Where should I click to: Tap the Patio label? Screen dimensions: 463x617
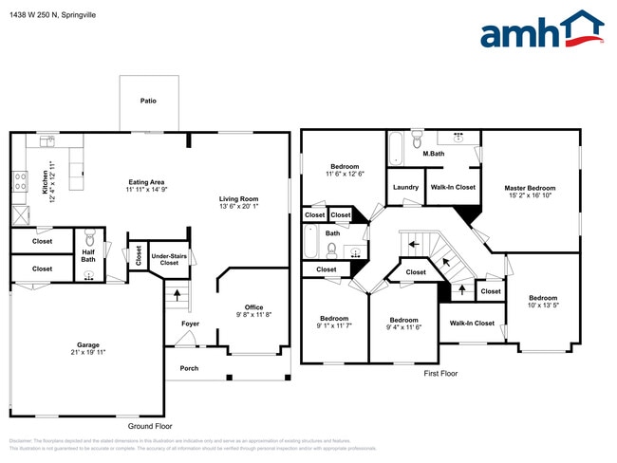(148, 100)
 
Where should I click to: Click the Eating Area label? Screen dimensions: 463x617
(147, 182)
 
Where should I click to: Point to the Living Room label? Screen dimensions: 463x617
(239, 198)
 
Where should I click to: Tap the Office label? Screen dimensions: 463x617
(253, 306)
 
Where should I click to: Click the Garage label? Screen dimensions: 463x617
(88, 344)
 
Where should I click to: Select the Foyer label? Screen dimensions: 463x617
(190, 324)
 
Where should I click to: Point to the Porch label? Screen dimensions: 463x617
(189, 368)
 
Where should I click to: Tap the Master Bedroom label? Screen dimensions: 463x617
(530, 188)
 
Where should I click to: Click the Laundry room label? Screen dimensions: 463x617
(405, 187)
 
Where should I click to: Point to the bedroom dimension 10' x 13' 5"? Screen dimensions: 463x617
(544, 305)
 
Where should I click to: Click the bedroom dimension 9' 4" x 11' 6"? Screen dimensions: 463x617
(404, 326)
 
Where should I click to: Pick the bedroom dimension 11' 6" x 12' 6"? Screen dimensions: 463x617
(345, 174)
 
